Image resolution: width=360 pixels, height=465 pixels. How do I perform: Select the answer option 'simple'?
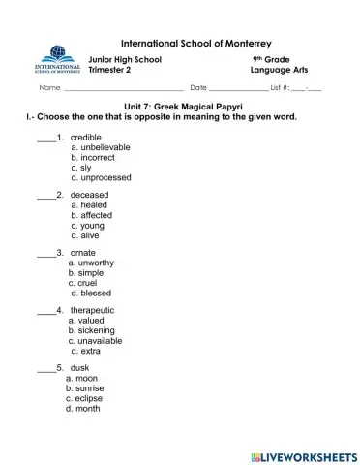pyautogui.click(x=89, y=273)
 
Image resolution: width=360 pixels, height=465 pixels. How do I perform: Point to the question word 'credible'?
pyautogui.click(x=86, y=137)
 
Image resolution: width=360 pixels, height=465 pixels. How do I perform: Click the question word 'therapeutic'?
pyautogui.click(x=99, y=310)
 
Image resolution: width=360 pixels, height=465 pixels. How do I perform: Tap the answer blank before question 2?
pyautogui.click(x=45, y=196)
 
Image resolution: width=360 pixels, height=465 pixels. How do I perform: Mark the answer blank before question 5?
pyautogui.click(x=45, y=369)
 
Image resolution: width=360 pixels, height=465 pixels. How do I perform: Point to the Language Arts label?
pyautogui.click(x=278, y=70)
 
